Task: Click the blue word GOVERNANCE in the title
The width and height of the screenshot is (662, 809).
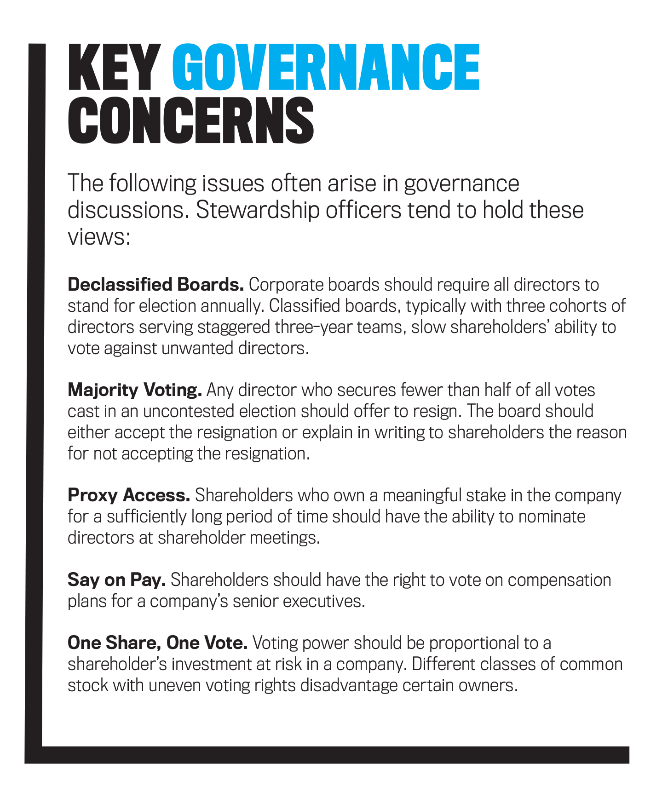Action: [326, 68]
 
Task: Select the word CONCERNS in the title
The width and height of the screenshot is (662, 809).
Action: [190, 121]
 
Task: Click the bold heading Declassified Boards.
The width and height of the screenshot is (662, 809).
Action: [155, 285]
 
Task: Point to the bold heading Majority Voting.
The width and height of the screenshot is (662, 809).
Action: [135, 390]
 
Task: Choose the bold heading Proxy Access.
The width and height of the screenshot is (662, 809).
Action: [129, 495]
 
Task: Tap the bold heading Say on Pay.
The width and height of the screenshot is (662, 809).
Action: [116, 579]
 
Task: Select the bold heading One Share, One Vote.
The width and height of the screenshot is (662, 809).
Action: [157, 643]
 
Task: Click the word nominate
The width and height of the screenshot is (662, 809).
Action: [552, 516]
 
